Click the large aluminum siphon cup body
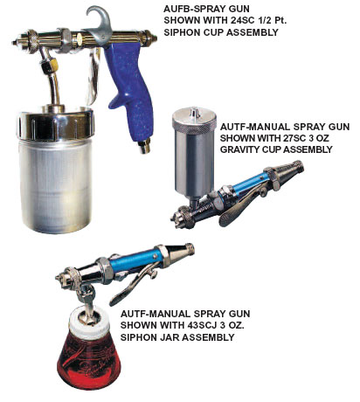tap(55, 185)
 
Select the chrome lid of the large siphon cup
tap(55, 123)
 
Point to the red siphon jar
tap(88, 360)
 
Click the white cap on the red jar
tap(89, 322)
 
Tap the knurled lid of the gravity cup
tap(194, 118)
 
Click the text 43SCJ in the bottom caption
tap(202, 325)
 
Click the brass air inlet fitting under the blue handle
tap(144, 146)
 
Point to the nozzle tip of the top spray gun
tap(15, 42)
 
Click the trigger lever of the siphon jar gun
tap(132, 286)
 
